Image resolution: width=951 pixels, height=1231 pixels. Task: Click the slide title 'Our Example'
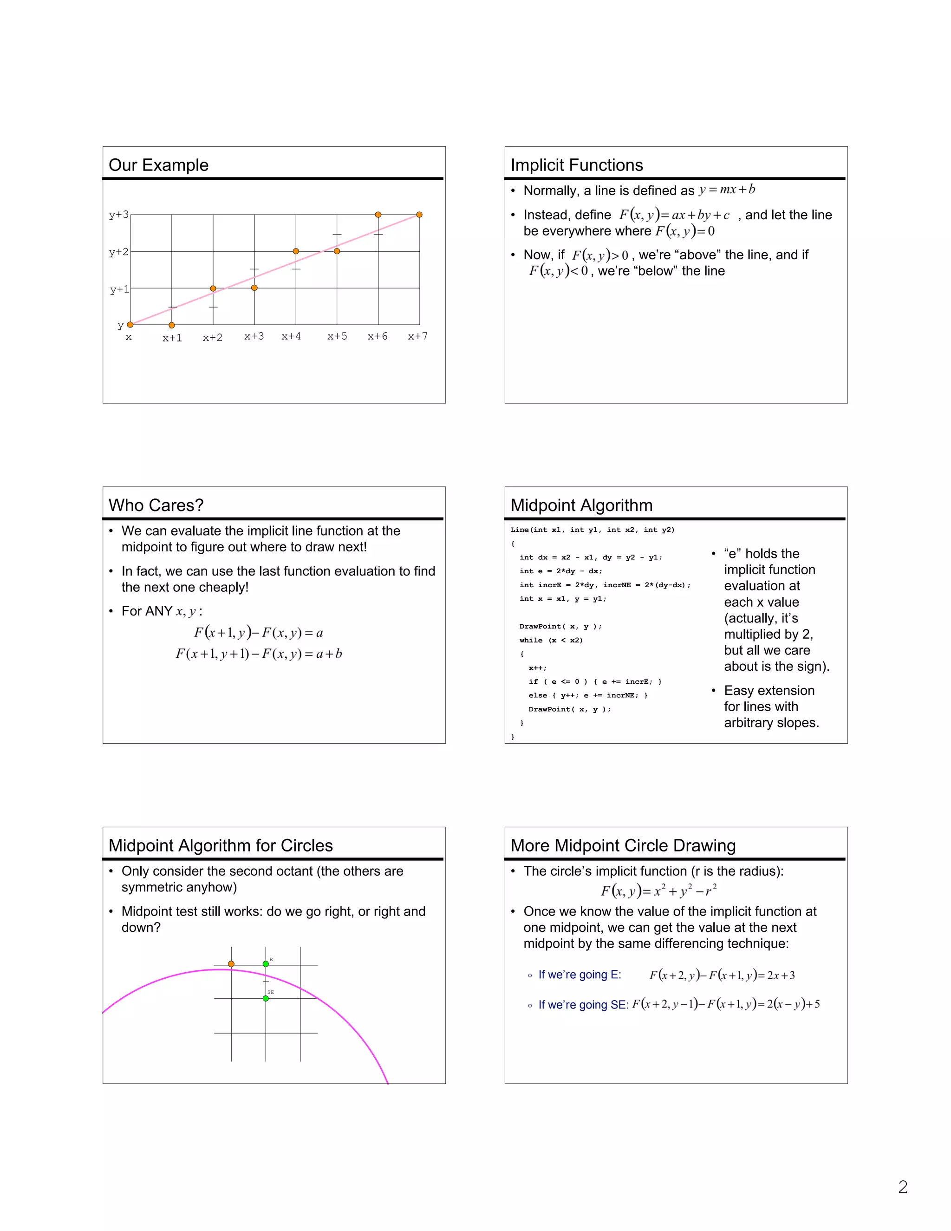(158, 165)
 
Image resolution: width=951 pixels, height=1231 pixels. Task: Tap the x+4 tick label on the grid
(291, 336)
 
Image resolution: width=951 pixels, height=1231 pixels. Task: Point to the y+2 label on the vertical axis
(119, 252)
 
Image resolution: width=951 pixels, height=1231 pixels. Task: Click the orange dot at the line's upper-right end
(419, 215)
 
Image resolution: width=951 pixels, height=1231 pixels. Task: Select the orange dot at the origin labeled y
(130, 325)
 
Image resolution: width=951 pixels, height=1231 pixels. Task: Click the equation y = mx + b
(727, 190)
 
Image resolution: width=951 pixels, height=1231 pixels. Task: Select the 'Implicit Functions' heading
(576, 165)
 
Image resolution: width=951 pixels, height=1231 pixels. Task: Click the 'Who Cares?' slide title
(156, 505)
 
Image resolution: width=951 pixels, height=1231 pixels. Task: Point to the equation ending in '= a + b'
(259, 654)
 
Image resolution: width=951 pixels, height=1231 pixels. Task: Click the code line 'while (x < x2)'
(551, 640)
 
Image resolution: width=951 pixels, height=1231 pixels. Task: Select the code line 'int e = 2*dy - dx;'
(560, 571)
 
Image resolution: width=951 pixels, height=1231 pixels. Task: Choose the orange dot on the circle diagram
(231, 964)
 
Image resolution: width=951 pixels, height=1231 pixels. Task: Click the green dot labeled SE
(266, 998)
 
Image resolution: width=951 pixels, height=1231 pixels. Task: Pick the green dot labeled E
(266, 964)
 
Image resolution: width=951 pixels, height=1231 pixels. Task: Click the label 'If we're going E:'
(579, 975)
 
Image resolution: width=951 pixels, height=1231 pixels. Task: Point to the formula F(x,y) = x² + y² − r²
(658, 891)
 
